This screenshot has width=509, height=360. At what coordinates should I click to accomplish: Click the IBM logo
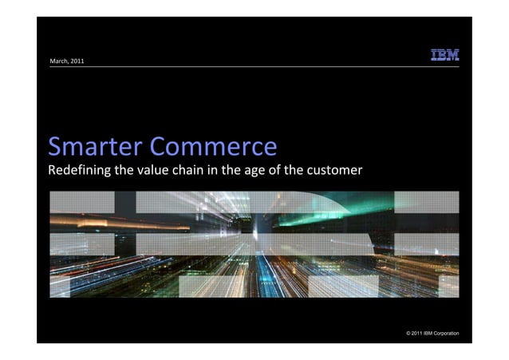click(x=445, y=55)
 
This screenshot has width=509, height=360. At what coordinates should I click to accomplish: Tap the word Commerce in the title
click(x=214, y=147)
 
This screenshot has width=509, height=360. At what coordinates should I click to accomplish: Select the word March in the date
click(x=59, y=61)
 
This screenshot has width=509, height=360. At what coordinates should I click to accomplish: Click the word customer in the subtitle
click(x=335, y=170)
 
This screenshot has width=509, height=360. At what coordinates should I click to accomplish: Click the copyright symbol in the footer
click(x=409, y=332)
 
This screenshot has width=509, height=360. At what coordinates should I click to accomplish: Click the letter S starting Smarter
click(x=55, y=147)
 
